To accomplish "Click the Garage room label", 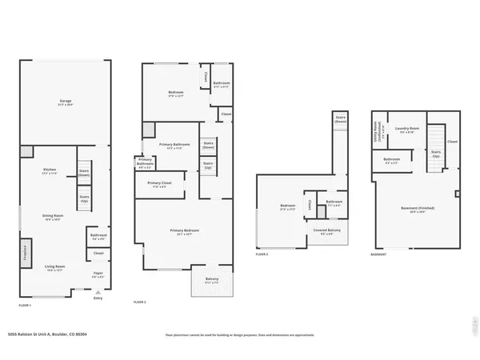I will (66, 102).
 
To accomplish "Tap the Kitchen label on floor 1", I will (50, 171).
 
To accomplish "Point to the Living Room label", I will (54, 268).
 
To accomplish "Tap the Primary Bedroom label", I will (184, 232).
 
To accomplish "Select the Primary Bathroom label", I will (146, 163).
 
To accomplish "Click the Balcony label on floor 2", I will (211, 281).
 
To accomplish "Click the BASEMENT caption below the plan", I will (380, 254).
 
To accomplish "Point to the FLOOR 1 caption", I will (26, 306).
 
